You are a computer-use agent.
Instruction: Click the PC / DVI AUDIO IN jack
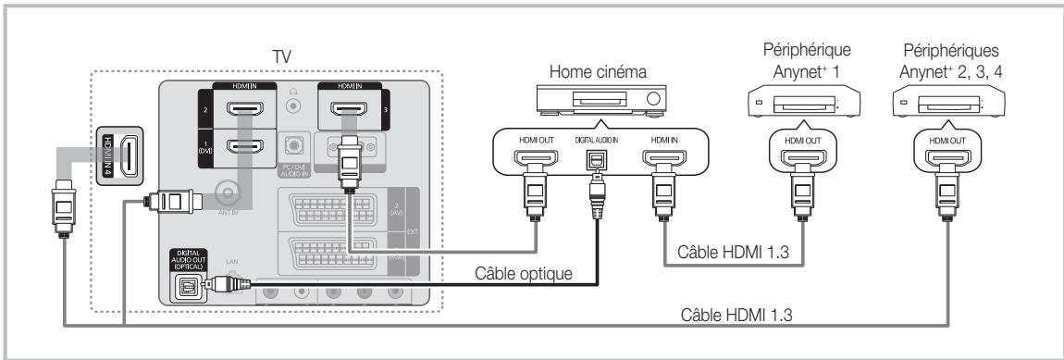(x=294, y=148)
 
